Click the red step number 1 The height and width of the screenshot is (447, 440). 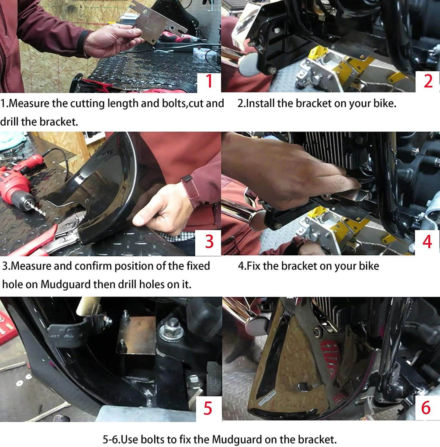[209, 81]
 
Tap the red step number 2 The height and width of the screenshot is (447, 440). [428, 81]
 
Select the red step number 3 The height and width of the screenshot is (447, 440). [209, 241]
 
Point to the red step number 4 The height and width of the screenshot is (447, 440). [427, 242]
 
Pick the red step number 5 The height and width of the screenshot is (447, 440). [208, 408]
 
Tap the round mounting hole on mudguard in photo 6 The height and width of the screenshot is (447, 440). [317, 332]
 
